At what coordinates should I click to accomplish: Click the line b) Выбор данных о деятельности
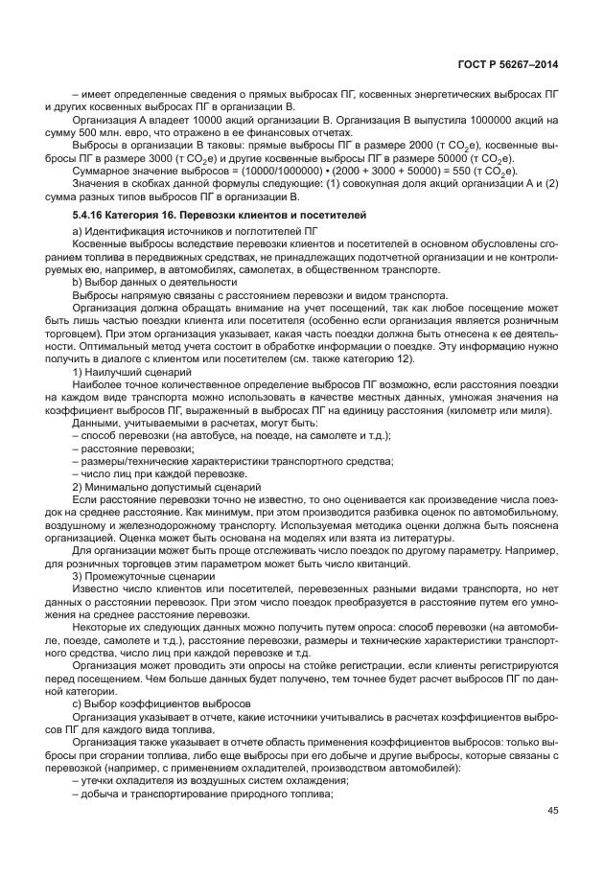(154, 283)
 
